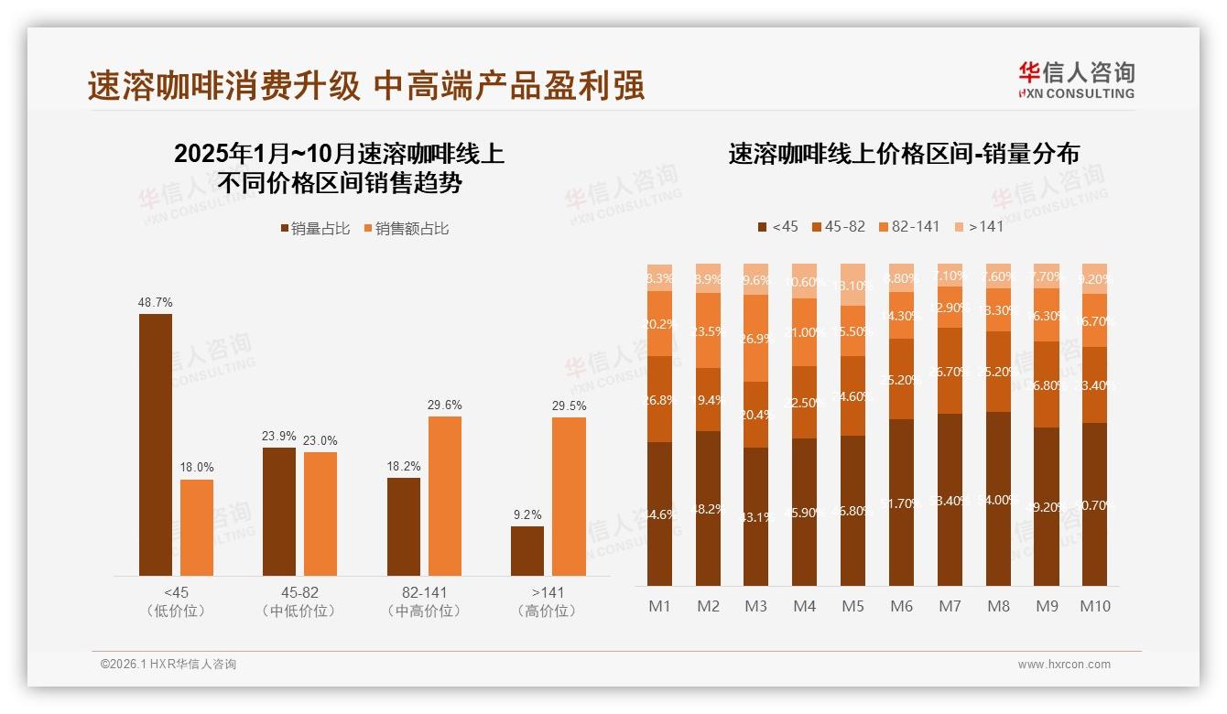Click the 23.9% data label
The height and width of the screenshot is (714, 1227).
pos(278,436)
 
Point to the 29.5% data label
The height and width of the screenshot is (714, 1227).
pos(569,406)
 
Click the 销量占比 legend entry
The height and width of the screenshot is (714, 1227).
pos(315,229)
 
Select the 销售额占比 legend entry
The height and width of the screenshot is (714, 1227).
pos(406,229)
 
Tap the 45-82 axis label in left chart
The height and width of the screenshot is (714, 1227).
pos(299,592)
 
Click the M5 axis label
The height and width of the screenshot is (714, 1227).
pos(852,606)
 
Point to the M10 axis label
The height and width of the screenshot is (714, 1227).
pos(1094,606)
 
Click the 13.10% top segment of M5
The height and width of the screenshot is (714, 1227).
pos(853,285)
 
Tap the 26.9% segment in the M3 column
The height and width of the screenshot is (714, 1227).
pos(755,338)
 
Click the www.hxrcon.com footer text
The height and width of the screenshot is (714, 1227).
pos(1063,665)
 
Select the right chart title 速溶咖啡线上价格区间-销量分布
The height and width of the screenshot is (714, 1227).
pos(903,154)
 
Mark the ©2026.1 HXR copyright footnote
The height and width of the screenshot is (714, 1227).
pos(168,665)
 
